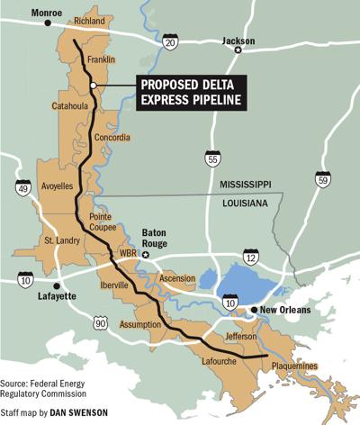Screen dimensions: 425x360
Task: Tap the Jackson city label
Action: point(238,41)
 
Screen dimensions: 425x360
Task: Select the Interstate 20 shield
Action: point(171,40)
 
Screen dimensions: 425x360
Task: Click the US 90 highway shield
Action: point(101,322)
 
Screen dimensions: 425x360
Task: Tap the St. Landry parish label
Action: point(63,242)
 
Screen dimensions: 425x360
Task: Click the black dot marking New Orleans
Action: point(253,310)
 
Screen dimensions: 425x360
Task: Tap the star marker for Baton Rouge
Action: point(154,256)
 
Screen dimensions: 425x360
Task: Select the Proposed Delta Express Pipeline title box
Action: point(193,93)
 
